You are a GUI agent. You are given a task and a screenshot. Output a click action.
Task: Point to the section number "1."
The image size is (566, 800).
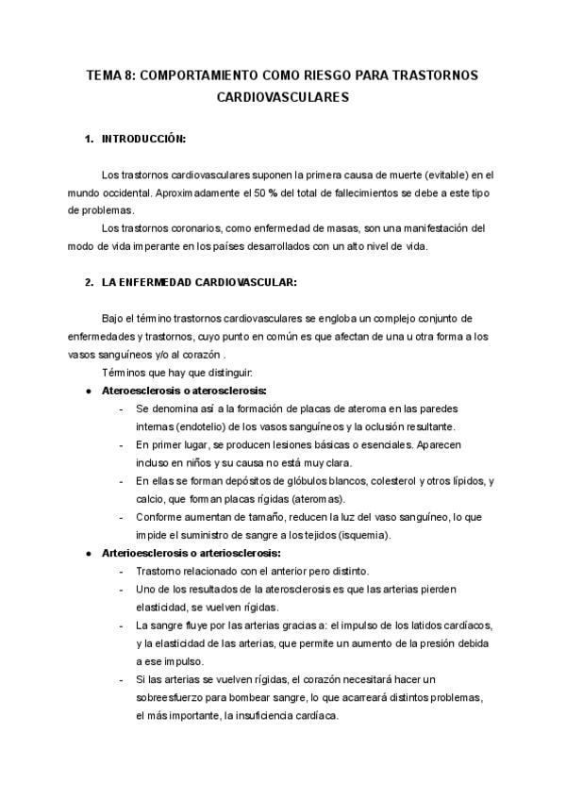[90, 140]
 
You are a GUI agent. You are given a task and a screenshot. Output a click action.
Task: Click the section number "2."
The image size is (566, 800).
[90, 281]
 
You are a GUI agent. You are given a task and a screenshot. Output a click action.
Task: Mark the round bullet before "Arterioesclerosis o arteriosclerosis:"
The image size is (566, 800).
[88, 553]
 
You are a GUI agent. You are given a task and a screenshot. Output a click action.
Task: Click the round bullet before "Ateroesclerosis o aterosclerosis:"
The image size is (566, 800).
[88, 391]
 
